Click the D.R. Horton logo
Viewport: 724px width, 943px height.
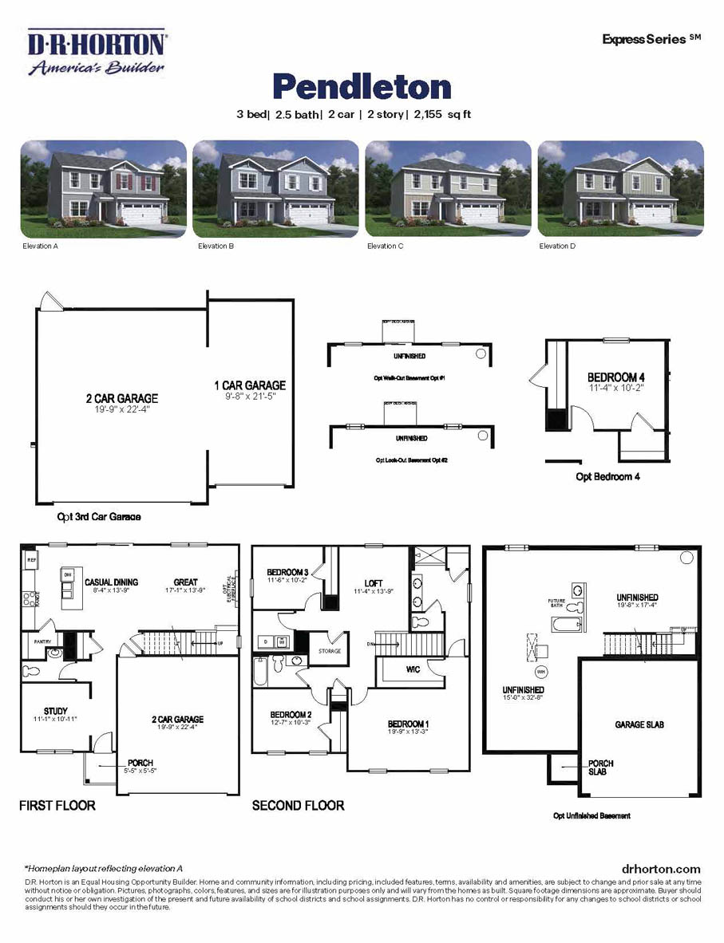click(97, 53)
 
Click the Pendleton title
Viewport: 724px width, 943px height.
click(362, 87)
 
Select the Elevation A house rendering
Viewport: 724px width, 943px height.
click(103, 189)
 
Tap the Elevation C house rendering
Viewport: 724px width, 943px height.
click(448, 189)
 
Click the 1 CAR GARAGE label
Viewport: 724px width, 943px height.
click(249, 385)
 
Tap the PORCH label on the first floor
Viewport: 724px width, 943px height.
click(140, 763)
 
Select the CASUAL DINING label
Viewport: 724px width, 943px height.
click(93, 582)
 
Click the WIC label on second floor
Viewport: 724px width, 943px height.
click(412, 669)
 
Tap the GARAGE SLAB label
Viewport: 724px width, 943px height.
click(639, 724)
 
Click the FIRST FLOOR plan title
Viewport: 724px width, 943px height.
click(57, 806)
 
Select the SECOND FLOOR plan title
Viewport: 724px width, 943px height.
click(299, 806)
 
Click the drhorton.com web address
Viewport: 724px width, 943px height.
click(660, 869)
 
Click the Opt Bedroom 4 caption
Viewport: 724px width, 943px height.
click(608, 477)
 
